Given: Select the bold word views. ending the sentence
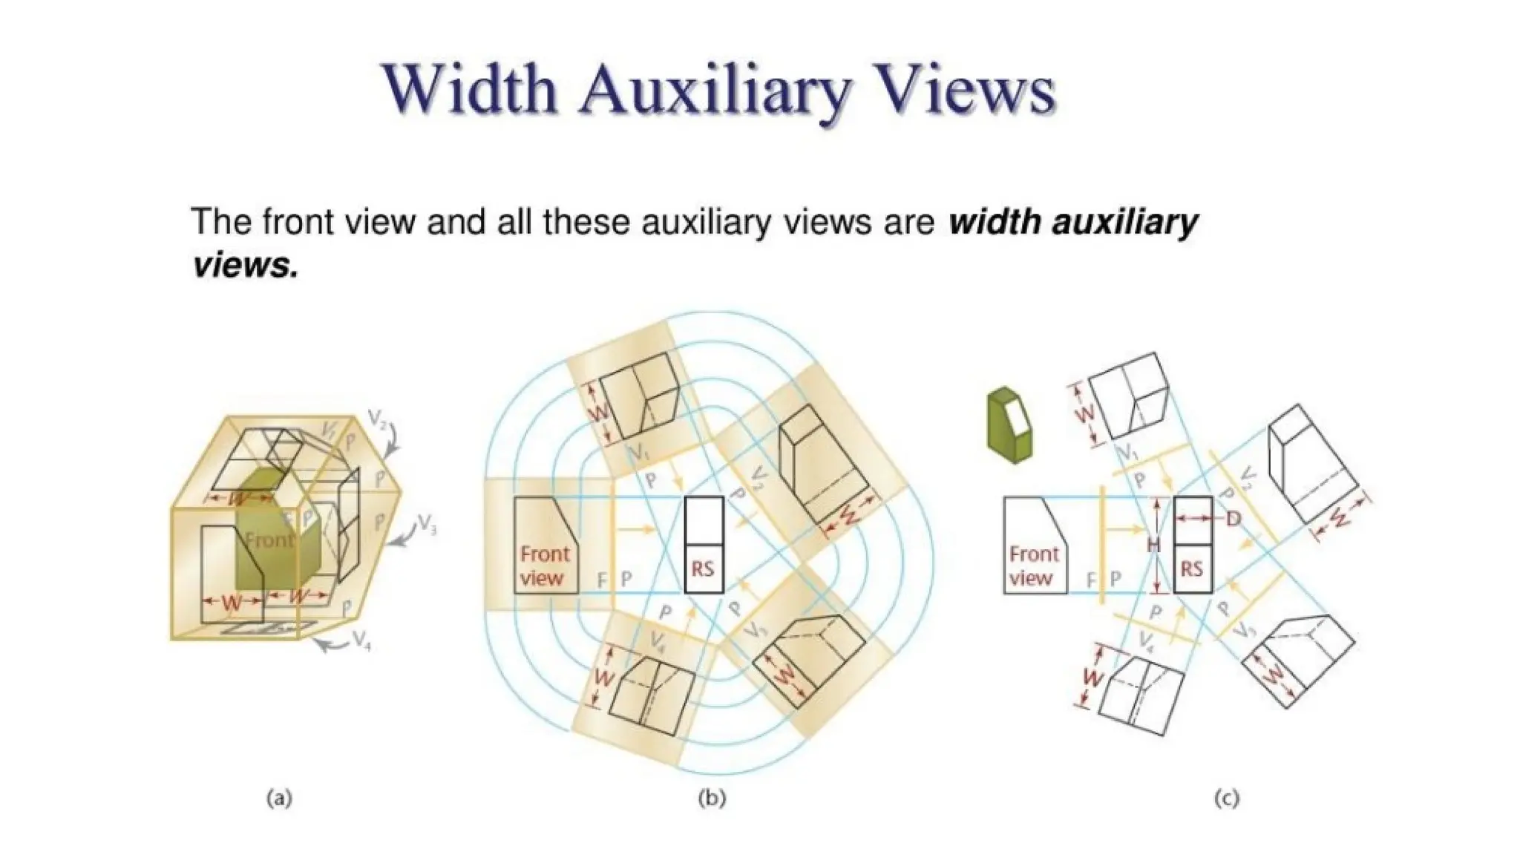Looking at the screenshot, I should coord(245,264).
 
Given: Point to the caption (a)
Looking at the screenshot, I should coord(279,799).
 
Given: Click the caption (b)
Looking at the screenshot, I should coord(712,799).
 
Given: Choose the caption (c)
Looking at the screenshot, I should coord(1226,799).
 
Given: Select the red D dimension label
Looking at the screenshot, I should coord(1233,518).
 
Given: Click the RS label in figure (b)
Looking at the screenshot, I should coord(702,569).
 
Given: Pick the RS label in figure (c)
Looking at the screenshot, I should coord(1191,569).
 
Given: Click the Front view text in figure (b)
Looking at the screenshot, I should coord(544,566).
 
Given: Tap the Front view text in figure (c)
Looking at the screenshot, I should coord(1033,566).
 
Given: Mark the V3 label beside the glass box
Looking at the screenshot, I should coord(427,525).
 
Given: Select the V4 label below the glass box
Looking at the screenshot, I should coord(361,640).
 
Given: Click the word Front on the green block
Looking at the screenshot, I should coord(268,540).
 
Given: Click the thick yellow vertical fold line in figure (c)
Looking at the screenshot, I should coord(1104,545).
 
